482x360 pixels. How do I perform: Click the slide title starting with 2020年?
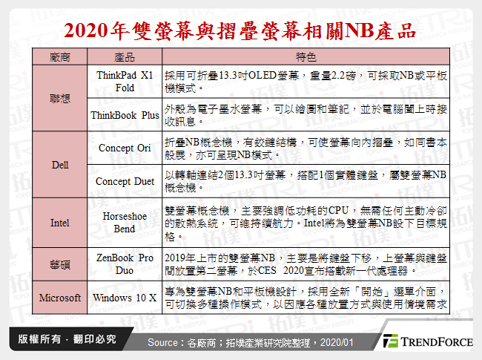(240, 30)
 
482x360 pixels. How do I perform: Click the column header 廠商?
(60, 57)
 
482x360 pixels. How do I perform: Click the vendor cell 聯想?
(60, 98)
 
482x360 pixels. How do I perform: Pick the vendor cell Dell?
(60, 164)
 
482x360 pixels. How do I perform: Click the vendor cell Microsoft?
(60, 298)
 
